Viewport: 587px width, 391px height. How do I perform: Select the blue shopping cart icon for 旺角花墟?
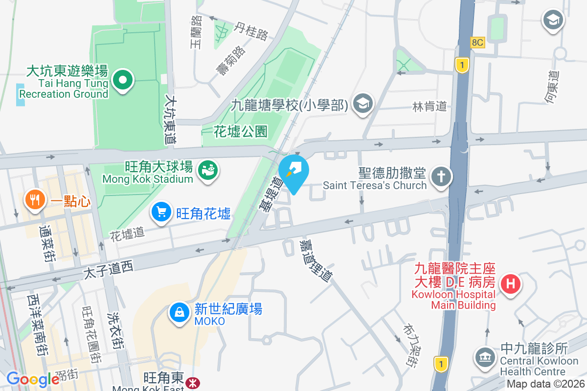[162, 212]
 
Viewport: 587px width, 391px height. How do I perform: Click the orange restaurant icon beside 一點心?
[34, 200]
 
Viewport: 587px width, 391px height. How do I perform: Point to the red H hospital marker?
[511, 283]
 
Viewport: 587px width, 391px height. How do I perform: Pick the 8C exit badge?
[477, 43]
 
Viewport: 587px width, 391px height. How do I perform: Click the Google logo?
[33, 379]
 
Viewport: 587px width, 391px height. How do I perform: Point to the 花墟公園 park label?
[241, 131]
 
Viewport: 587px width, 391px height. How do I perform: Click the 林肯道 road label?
[429, 107]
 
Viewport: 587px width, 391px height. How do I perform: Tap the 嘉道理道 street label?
[316, 260]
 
